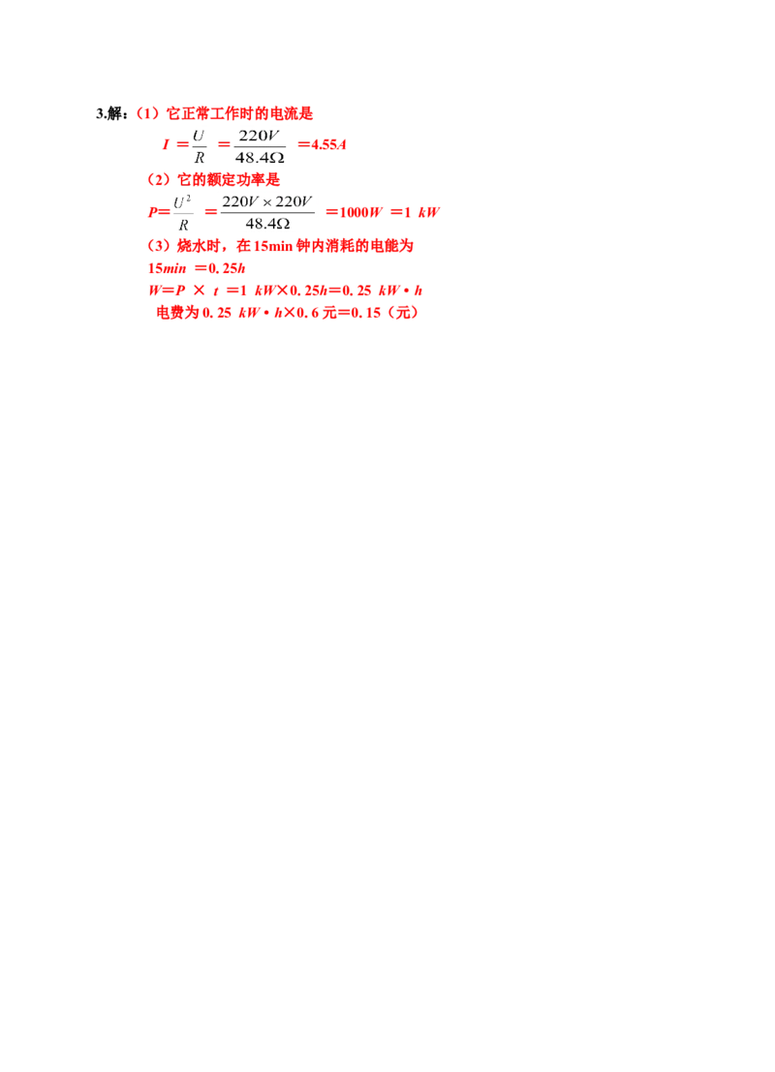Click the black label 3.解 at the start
coord(109,113)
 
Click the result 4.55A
coord(329,144)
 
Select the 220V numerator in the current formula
coord(260,136)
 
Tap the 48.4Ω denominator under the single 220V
coord(260,157)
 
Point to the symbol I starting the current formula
coord(166,144)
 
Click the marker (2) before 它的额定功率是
coord(159,180)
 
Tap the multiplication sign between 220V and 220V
coord(266,203)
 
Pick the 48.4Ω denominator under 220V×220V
coord(268,224)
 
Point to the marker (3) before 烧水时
coord(159,245)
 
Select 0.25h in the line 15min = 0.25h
coord(227,268)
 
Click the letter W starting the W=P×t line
coord(154,291)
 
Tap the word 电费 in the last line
coord(170,313)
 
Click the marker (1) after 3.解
coord(148,113)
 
